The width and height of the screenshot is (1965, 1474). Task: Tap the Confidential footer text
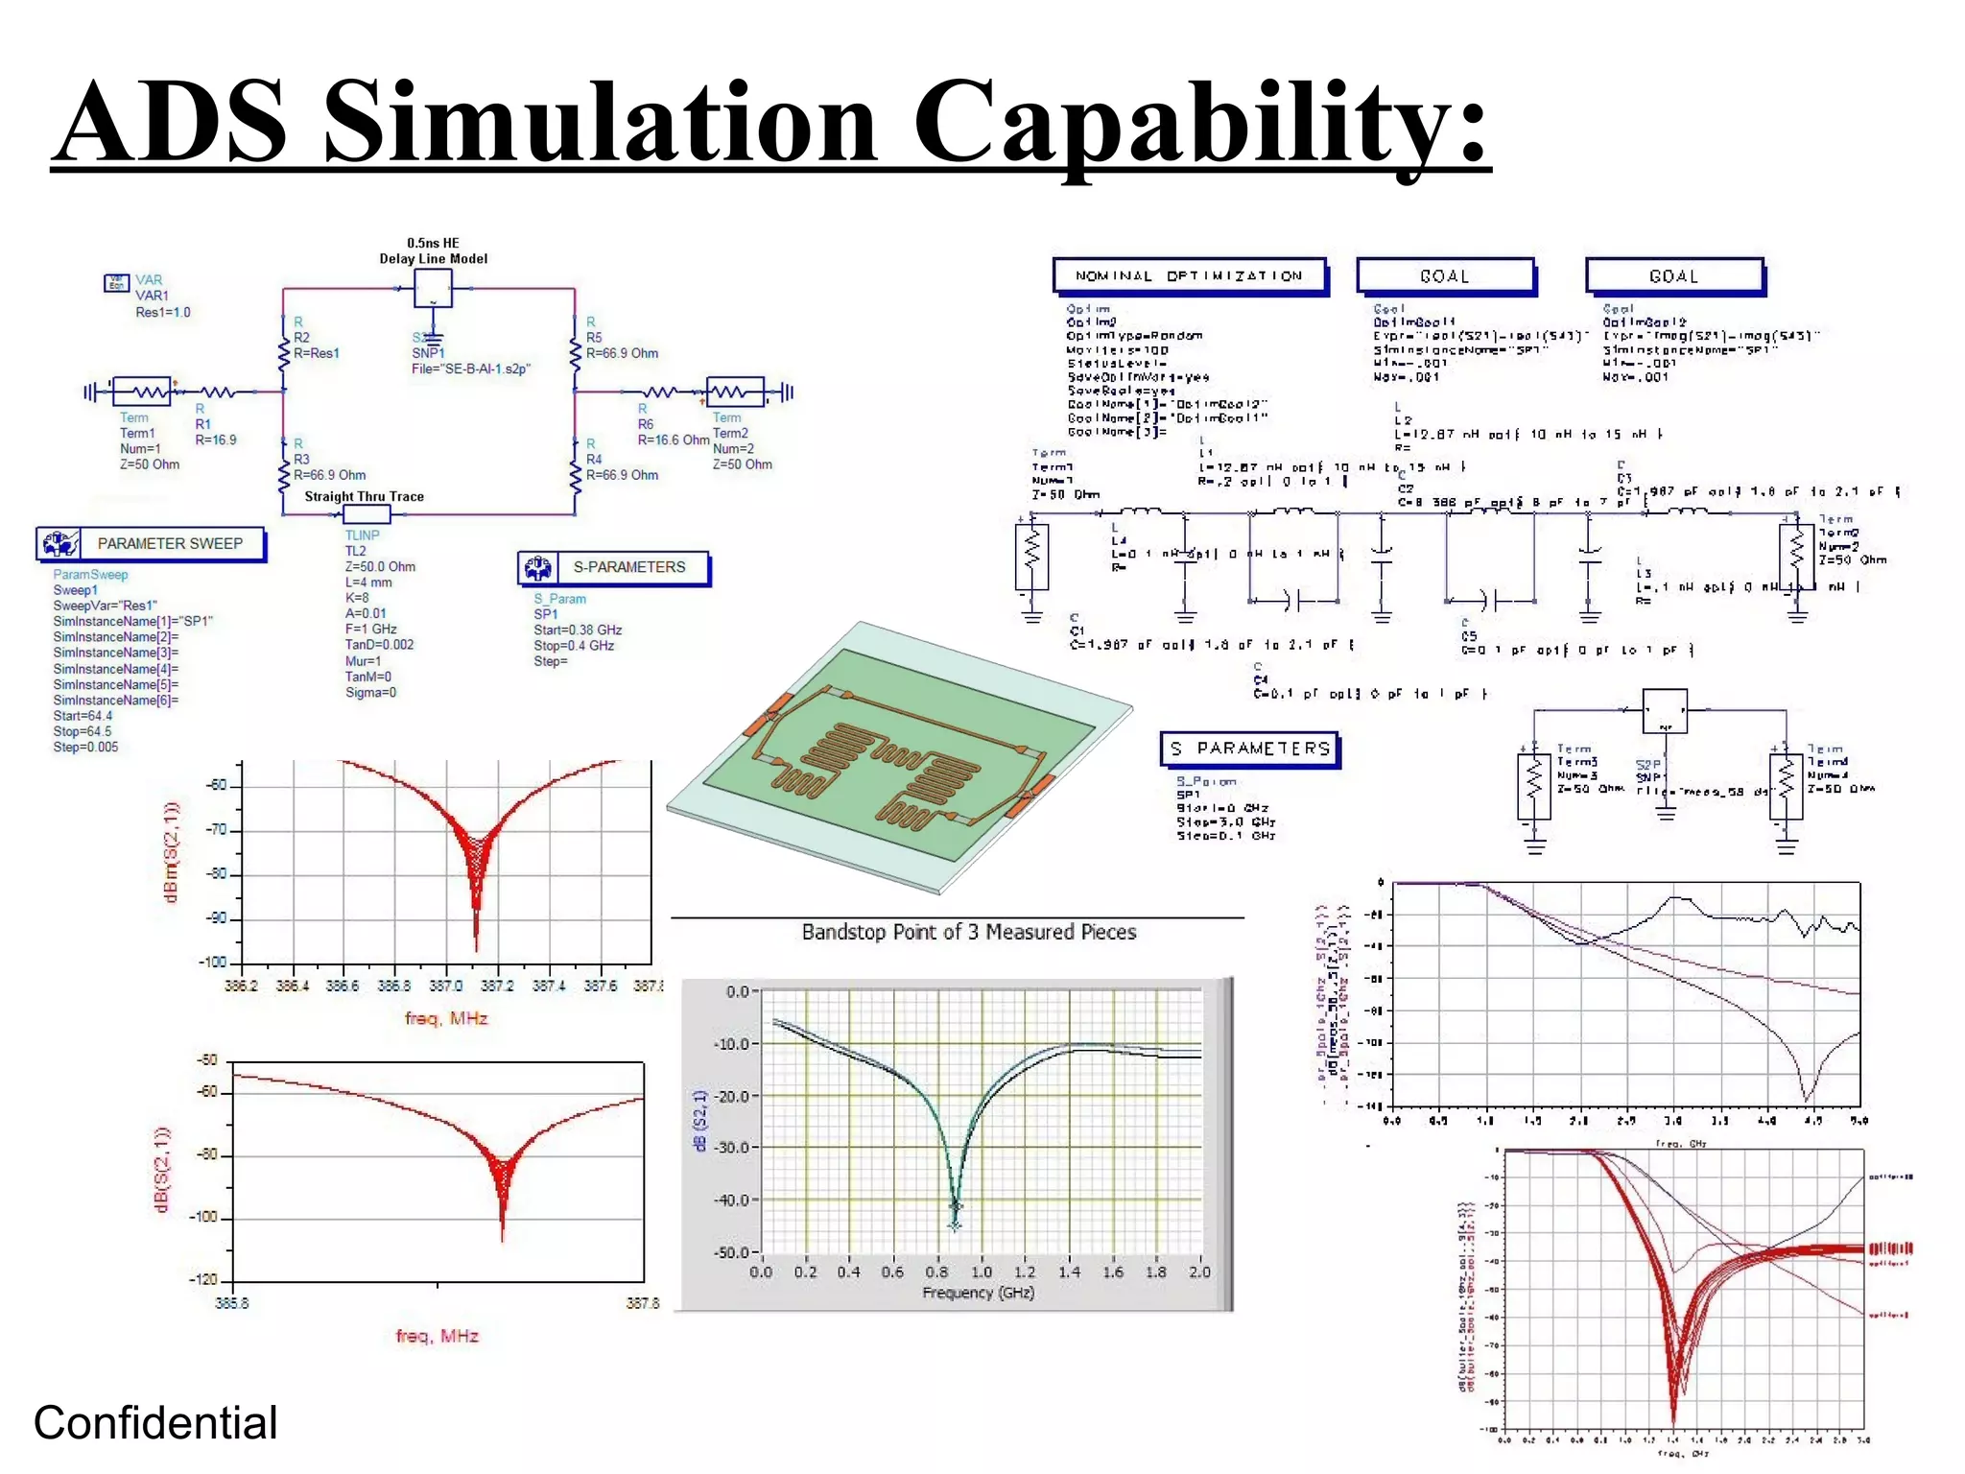(x=155, y=1423)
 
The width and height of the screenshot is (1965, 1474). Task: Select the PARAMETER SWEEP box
(x=152, y=544)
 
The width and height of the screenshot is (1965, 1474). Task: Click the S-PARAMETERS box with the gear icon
(x=614, y=567)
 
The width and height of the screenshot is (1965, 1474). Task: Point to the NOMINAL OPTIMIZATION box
(x=1189, y=275)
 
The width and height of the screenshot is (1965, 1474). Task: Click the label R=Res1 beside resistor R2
(x=317, y=353)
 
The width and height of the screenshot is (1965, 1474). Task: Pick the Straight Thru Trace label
(x=364, y=496)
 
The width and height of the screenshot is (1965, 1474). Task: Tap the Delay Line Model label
(x=433, y=258)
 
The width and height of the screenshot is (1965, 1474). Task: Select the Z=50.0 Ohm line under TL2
(x=380, y=566)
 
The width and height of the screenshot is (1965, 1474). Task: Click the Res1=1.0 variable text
(x=163, y=312)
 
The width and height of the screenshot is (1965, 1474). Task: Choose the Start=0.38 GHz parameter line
(x=578, y=630)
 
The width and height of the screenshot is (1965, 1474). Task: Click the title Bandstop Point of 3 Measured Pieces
(x=969, y=932)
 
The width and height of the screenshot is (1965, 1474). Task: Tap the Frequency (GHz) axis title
(x=979, y=1293)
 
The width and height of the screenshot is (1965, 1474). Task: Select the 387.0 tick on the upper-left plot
(x=445, y=986)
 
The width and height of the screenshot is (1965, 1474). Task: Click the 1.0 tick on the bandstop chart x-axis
(x=982, y=1272)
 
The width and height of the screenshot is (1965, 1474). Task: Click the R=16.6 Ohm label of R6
(x=674, y=440)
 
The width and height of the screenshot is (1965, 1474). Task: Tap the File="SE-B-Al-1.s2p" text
(x=470, y=368)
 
